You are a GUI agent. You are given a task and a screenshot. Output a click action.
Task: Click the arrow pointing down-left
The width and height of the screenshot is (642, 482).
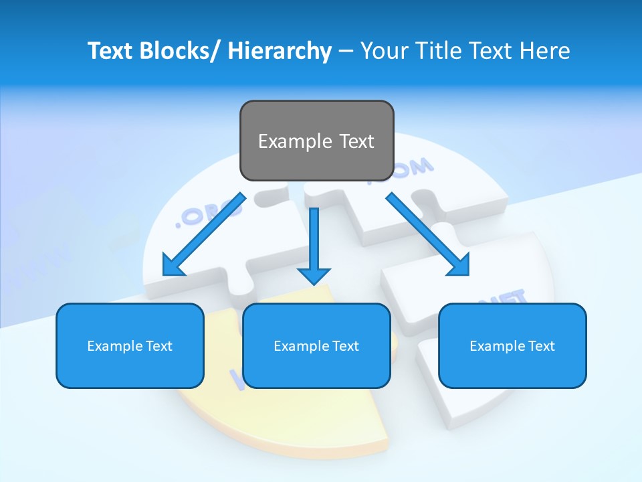(204, 235)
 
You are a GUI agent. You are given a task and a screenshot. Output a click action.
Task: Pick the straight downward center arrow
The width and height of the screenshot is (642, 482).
(314, 245)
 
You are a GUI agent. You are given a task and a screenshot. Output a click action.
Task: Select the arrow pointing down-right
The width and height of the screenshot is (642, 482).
(427, 234)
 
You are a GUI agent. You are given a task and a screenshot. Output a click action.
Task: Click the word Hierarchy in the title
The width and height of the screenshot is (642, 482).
(280, 51)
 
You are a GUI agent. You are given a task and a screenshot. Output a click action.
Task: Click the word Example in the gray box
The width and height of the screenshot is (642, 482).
(294, 141)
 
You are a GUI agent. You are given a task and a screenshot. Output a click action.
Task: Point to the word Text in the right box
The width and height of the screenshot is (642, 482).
(540, 346)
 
